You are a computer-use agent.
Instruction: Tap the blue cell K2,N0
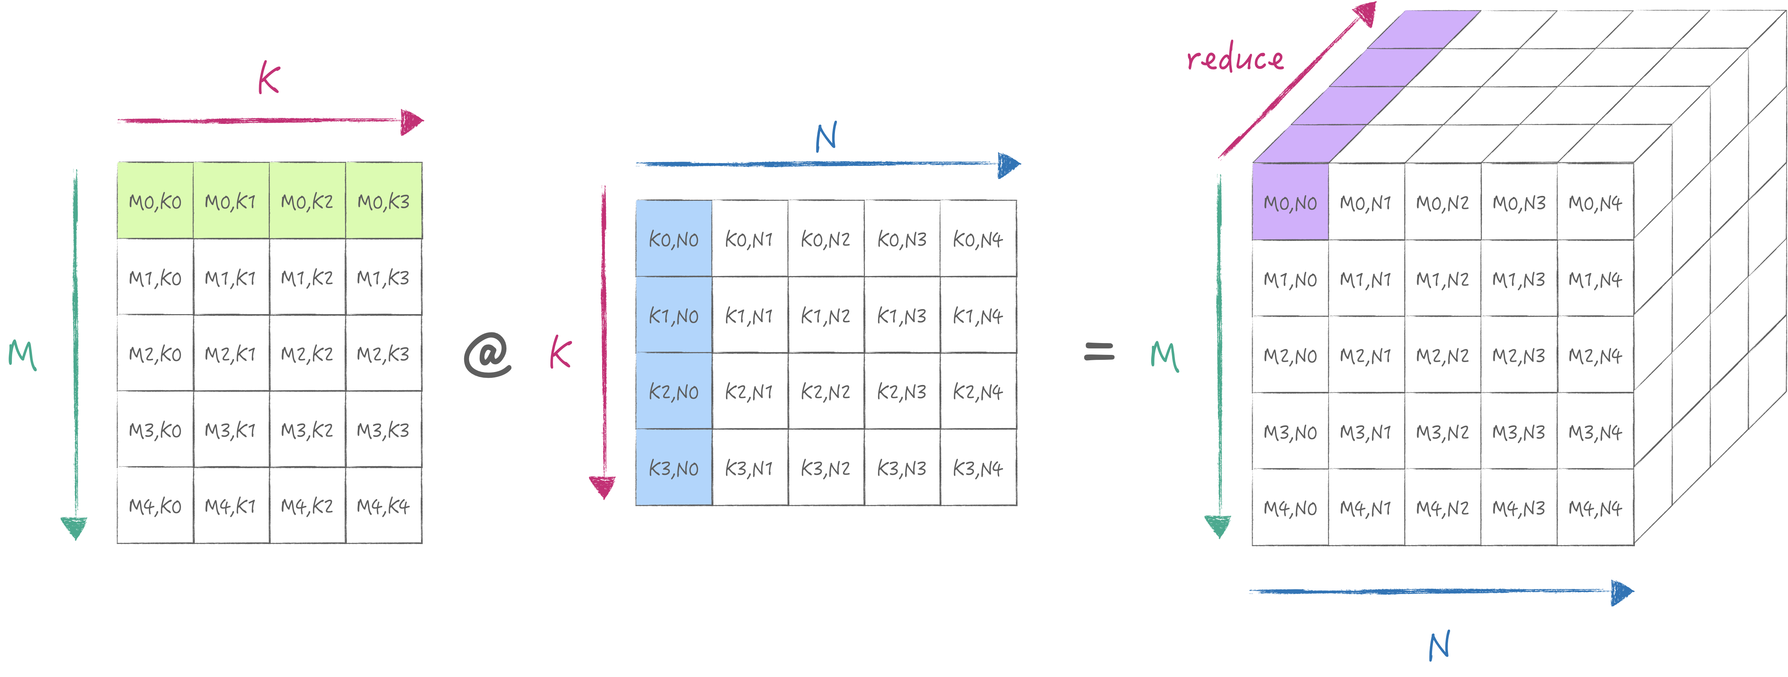click(x=673, y=391)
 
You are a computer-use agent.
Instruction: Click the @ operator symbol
click(x=488, y=355)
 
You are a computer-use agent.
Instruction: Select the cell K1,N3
click(x=902, y=316)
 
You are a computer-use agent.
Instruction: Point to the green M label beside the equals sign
click(x=1164, y=356)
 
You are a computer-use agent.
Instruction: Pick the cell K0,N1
click(x=749, y=239)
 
